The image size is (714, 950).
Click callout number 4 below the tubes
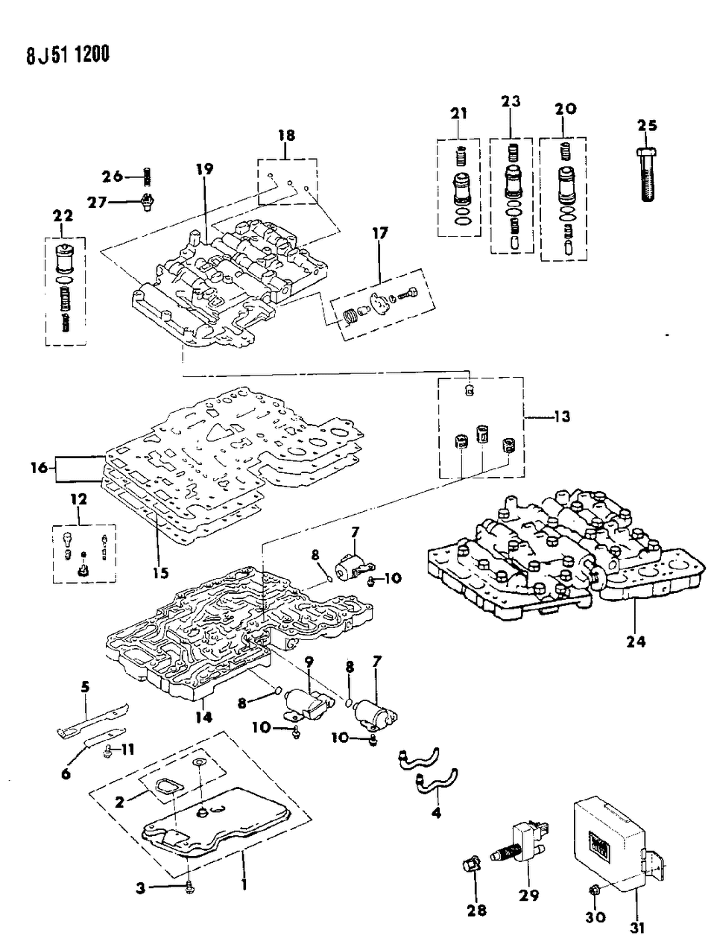pyautogui.click(x=437, y=812)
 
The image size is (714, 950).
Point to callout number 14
pyautogui.click(x=203, y=717)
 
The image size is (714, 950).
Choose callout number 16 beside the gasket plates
pyautogui.click(x=41, y=468)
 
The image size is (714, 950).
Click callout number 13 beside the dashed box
pyautogui.click(x=560, y=416)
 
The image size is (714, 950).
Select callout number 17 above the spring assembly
pyautogui.click(x=379, y=233)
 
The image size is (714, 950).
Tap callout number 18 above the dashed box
pyautogui.click(x=287, y=135)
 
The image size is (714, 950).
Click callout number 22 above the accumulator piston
pyautogui.click(x=63, y=215)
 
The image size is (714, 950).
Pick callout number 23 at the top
pyautogui.click(x=511, y=101)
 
